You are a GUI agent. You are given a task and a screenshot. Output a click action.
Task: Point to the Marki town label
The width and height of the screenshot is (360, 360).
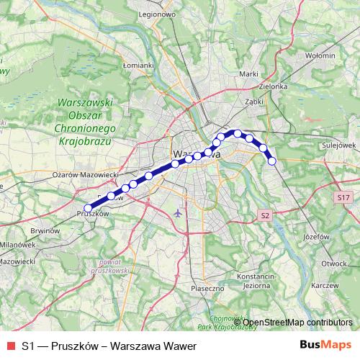pos(249,73)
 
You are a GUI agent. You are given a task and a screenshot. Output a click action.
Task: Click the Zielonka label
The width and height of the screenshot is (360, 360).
pos(273,86)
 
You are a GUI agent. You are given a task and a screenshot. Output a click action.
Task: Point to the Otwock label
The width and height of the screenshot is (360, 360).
pos(336,263)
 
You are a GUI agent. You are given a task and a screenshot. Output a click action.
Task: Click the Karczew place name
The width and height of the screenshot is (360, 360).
pos(325,286)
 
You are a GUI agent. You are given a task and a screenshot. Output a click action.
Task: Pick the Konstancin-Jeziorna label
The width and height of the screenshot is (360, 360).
pos(257,280)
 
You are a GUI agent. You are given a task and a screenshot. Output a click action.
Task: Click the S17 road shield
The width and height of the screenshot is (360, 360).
pos(343,196)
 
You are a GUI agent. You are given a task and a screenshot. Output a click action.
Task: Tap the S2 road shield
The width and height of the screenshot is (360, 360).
pos(265,215)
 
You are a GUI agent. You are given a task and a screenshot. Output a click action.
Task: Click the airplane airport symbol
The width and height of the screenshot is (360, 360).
pos(179,212)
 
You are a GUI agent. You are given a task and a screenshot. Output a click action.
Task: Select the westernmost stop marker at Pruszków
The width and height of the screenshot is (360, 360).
pos(89,208)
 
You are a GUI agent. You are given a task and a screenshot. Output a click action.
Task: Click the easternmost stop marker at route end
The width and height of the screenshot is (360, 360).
pos(272,161)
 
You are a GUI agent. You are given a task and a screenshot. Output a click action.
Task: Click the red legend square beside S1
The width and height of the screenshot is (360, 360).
pos(11,346)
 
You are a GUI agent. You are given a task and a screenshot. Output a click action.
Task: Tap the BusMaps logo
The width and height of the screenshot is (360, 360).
pos(325,346)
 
